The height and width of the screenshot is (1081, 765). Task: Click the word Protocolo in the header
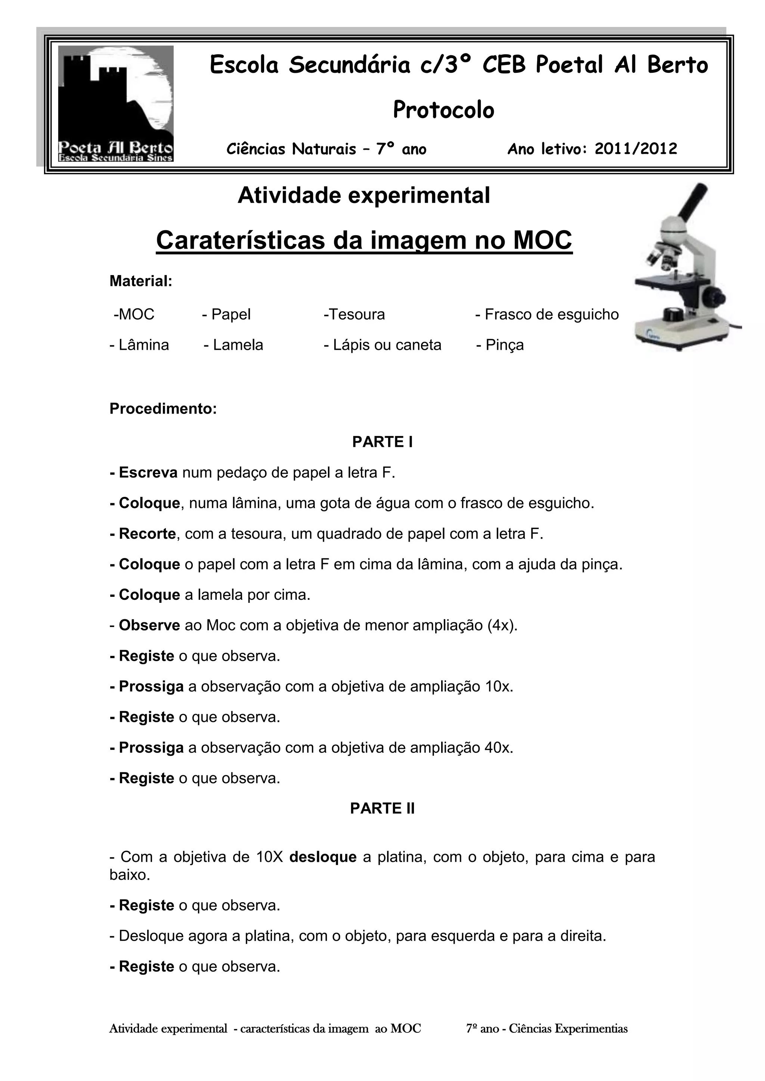coord(443,110)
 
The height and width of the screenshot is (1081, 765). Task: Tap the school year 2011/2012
coord(635,149)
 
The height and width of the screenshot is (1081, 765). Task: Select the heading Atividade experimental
coord(364,195)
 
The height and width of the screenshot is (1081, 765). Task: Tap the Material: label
coord(141,281)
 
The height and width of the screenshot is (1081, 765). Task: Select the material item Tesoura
coord(354,315)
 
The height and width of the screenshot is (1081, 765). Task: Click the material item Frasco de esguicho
coord(547,315)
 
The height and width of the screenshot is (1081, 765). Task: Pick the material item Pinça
coord(500,345)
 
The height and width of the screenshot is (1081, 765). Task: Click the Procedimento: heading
coord(163,409)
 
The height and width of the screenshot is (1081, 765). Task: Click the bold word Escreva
coord(148,473)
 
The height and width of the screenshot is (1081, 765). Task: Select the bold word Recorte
coord(146,534)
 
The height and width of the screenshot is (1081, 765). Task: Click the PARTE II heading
coord(382,809)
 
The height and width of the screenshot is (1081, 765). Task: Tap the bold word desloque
coord(323,857)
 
